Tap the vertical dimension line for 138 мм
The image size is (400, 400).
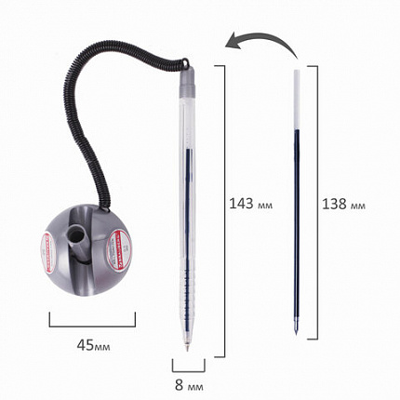click(311, 200)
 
